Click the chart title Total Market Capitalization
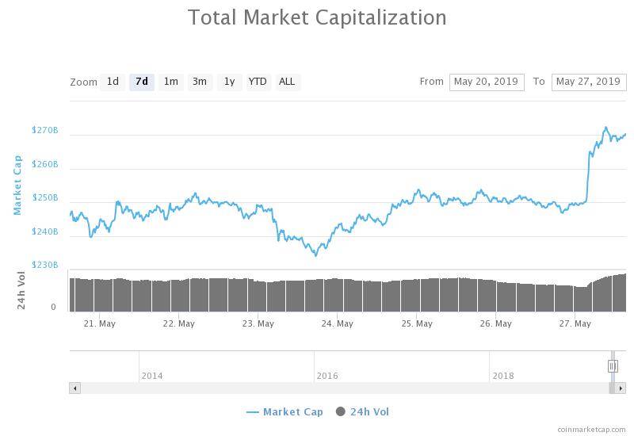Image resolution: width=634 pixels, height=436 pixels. pyautogui.click(x=317, y=17)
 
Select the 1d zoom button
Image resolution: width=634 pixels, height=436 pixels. pyautogui.click(x=113, y=82)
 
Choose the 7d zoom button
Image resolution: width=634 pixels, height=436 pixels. pyautogui.click(x=141, y=82)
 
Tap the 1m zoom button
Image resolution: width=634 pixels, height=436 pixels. pyautogui.click(x=170, y=82)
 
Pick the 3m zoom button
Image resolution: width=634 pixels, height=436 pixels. pyautogui.click(x=200, y=82)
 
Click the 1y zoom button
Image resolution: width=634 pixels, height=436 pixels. pyautogui.click(x=229, y=82)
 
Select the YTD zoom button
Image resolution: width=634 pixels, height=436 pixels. pyautogui.click(x=258, y=82)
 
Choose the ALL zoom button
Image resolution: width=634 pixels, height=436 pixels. pyautogui.click(x=287, y=82)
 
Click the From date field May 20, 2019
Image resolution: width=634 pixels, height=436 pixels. pyautogui.click(x=487, y=82)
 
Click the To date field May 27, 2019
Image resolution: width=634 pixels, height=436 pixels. pyautogui.click(x=588, y=82)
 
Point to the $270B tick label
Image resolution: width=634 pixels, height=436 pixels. pyautogui.click(x=45, y=130)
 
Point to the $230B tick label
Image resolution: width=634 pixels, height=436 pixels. pyautogui.click(x=45, y=265)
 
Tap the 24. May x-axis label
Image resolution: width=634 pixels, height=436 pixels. pyautogui.click(x=338, y=323)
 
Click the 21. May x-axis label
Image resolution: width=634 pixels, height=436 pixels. pyautogui.click(x=100, y=323)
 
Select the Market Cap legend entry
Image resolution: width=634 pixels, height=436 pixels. pyautogui.click(x=285, y=411)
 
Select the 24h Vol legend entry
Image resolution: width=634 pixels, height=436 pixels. pyautogui.click(x=363, y=411)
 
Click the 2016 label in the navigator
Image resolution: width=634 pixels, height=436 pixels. pyautogui.click(x=327, y=376)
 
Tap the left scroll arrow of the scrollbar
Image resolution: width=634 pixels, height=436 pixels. pyautogui.click(x=75, y=388)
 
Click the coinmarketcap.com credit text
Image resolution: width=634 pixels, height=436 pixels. pyautogui.click(x=591, y=429)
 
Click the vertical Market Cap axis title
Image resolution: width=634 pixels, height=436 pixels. pyautogui.click(x=17, y=185)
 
